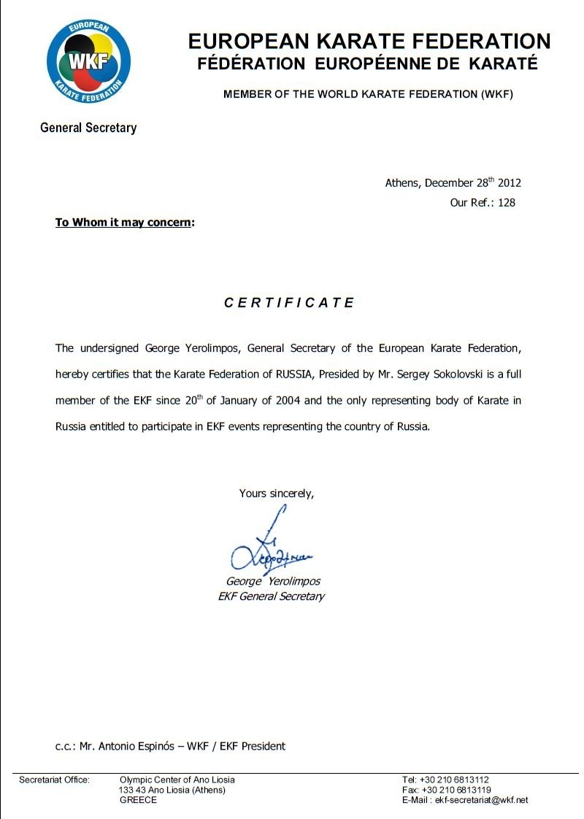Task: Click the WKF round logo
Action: click(88, 61)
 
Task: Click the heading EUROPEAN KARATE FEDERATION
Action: click(369, 41)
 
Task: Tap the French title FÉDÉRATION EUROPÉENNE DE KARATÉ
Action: click(367, 64)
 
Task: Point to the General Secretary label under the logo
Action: click(88, 128)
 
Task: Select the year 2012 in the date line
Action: click(510, 183)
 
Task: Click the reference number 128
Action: click(506, 203)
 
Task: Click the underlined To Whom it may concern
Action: click(123, 222)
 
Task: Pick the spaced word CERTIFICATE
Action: click(289, 303)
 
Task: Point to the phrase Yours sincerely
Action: click(277, 493)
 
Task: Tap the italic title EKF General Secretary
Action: click(271, 596)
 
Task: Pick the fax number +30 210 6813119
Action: click(456, 790)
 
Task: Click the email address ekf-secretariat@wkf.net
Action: click(481, 800)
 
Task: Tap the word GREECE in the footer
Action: click(138, 800)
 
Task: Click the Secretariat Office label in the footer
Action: click(54, 780)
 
